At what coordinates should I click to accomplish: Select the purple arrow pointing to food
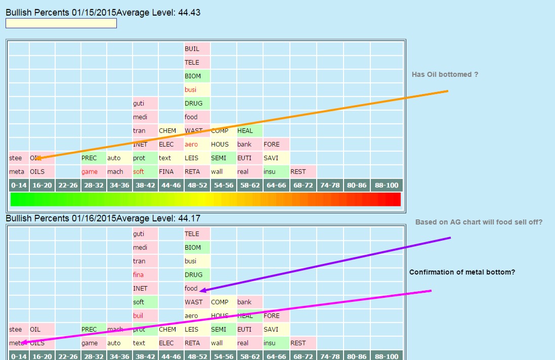(x=324, y=264)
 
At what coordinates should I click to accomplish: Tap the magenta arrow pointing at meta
(x=228, y=317)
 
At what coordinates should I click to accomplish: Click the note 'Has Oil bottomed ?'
(x=445, y=74)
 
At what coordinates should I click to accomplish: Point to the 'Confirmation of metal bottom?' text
(x=462, y=272)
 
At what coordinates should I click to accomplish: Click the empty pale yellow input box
(x=61, y=23)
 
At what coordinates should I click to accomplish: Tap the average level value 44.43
(x=189, y=13)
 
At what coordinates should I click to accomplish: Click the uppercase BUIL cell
(x=192, y=49)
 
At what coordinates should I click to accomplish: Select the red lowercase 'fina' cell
(x=138, y=275)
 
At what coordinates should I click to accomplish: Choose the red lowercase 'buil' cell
(x=138, y=316)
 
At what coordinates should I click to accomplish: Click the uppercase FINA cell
(x=166, y=172)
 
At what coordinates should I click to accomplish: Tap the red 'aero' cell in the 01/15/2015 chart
(x=191, y=145)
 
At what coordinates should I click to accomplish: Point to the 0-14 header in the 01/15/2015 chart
(x=19, y=186)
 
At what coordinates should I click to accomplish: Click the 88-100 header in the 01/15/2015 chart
(x=387, y=186)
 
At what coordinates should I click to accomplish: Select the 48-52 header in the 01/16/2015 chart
(x=197, y=356)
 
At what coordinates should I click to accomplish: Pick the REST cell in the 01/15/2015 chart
(x=298, y=172)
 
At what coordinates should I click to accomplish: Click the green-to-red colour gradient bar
(x=205, y=199)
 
